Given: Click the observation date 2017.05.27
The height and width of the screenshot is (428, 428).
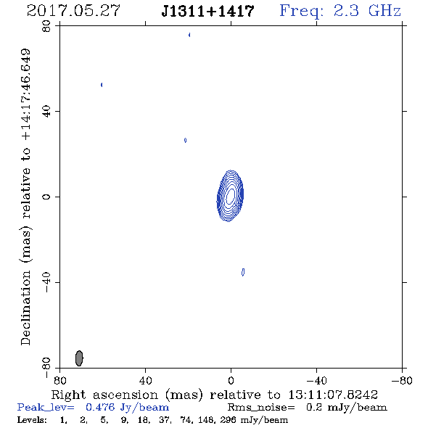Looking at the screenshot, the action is point(74,11).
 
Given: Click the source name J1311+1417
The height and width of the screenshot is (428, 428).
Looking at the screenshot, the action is point(208,11).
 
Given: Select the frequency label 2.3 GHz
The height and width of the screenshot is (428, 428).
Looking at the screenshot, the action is point(367,11).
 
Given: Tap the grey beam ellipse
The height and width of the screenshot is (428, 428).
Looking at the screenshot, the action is point(79,358).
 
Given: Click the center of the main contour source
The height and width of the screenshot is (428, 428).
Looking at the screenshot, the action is point(231,195).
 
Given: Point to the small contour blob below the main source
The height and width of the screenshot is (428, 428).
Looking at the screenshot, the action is point(243,272).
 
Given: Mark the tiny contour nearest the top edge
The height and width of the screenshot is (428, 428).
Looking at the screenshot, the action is point(189,35).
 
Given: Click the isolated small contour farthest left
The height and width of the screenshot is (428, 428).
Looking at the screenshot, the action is point(102,85).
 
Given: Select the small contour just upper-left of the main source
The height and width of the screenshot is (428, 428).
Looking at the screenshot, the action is point(185,140).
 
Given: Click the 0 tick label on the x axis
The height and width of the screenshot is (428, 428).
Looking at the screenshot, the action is point(231,380).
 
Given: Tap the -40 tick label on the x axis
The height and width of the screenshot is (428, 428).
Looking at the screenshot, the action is point(316,380).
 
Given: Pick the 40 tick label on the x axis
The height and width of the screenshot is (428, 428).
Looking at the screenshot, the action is point(145,380).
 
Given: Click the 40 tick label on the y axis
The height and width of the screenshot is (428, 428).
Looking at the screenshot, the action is point(46,112).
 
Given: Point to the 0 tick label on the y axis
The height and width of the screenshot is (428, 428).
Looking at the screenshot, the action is point(46,197).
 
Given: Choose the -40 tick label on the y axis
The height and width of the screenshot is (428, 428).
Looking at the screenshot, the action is point(46,282).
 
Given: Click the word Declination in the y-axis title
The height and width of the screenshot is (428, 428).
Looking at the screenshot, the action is point(25,308).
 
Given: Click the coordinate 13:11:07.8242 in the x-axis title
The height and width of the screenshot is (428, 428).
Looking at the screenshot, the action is point(333,395).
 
